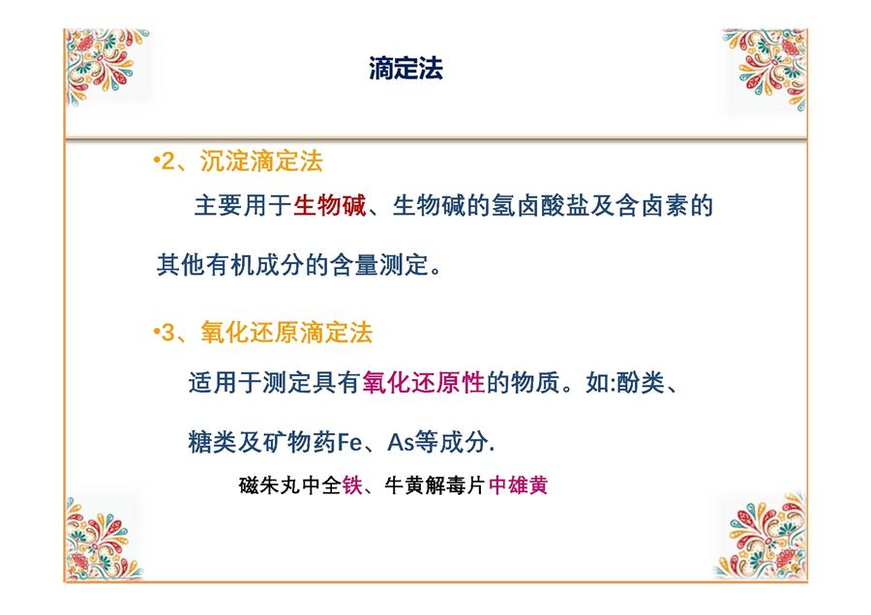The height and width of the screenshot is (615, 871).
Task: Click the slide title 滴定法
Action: coord(406,69)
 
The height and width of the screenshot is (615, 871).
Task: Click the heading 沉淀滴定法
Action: coord(261,161)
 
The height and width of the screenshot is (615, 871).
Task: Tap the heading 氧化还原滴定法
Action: coord(286,333)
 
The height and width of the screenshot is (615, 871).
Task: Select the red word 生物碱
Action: coord(329,206)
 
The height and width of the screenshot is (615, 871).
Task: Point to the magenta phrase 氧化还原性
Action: coord(423,382)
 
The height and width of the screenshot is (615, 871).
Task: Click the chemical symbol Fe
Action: coord(349,443)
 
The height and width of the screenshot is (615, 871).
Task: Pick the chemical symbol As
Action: coord(401,443)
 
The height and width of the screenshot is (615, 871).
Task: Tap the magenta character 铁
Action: coord(352,485)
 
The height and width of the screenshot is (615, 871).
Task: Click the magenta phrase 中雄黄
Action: coord(519,485)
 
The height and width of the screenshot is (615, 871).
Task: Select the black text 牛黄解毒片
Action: coord(435,485)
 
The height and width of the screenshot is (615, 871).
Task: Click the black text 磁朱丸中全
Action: coord(290,485)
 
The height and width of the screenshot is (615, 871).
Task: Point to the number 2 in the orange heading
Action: coord(167,162)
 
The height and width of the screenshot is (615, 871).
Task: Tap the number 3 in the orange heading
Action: coord(167,334)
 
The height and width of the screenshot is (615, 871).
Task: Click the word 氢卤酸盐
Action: coord(540,206)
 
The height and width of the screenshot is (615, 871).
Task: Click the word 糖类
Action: coord(212,443)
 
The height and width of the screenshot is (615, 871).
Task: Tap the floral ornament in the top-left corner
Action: coord(105,66)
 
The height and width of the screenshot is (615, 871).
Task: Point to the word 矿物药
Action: coord(300,443)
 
